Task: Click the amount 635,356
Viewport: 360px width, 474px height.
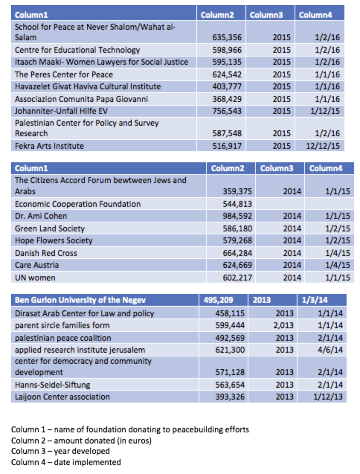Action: point(227,37)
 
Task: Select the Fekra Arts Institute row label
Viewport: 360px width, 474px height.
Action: point(49,146)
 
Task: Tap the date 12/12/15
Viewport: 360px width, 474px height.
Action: point(323,146)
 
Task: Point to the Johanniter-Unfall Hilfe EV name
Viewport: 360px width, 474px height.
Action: point(61,111)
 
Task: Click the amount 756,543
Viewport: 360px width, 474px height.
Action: point(227,111)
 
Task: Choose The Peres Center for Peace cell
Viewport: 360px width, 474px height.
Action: point(64,74)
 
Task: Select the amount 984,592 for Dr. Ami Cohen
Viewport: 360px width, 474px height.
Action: point(237,216)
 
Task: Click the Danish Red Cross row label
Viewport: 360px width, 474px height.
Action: point(46,253)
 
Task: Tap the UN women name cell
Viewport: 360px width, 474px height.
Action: point(35,278)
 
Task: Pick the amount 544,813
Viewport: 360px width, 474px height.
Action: point(237,204)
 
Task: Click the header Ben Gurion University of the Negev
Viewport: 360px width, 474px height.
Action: point(80,300)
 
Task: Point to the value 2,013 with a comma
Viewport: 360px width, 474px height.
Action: point(283,325)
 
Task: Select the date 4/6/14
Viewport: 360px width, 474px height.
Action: point(330,350)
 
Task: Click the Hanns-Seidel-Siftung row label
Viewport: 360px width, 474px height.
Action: point(52,385)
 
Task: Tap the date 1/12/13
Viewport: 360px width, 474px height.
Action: point(328,397)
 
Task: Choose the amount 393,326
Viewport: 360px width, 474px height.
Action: point(230,397)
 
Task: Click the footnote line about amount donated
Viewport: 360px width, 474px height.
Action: point(81,441)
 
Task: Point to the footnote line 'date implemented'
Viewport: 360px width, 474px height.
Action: point(66,462)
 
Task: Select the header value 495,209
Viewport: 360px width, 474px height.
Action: point(218,300)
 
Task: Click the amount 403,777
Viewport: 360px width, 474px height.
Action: point(227,86)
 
